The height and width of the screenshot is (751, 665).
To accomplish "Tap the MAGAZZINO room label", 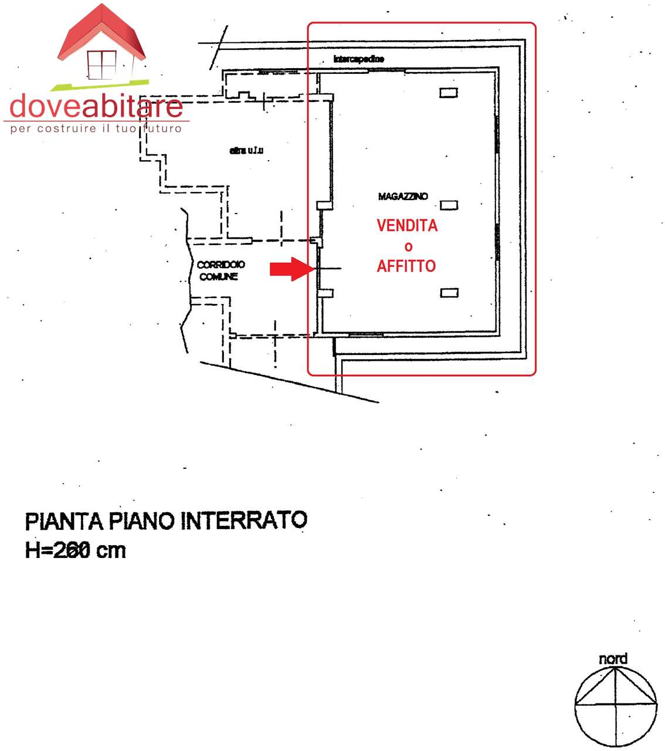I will click(x=403, y=197).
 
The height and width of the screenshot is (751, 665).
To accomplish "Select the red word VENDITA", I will click(x=407, y=226).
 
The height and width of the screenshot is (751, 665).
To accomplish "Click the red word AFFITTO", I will click(x=406, y=266).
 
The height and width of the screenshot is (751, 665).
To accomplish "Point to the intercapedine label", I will click(x=358, y=59).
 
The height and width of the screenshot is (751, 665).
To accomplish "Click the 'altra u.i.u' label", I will click(x=246, y=151).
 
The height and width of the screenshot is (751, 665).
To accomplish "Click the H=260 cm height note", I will click(x=76, y=550).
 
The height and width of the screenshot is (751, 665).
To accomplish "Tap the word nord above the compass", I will click(x=613, y=659).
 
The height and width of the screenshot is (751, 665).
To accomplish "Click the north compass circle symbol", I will click(x=616, y=706).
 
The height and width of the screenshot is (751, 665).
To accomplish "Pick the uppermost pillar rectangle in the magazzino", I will click(x=449, y=93).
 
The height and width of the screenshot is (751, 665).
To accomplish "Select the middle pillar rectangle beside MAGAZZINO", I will click(x=449, y=205).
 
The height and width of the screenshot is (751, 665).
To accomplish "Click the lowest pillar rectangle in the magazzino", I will click(x=449, y=293).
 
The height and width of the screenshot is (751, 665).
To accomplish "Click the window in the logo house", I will click(x=102, y=65).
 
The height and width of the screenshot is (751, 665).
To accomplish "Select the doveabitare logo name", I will click(x=96, y=106).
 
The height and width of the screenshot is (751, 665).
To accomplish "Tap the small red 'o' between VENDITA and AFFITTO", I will click(x=408, y=247).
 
